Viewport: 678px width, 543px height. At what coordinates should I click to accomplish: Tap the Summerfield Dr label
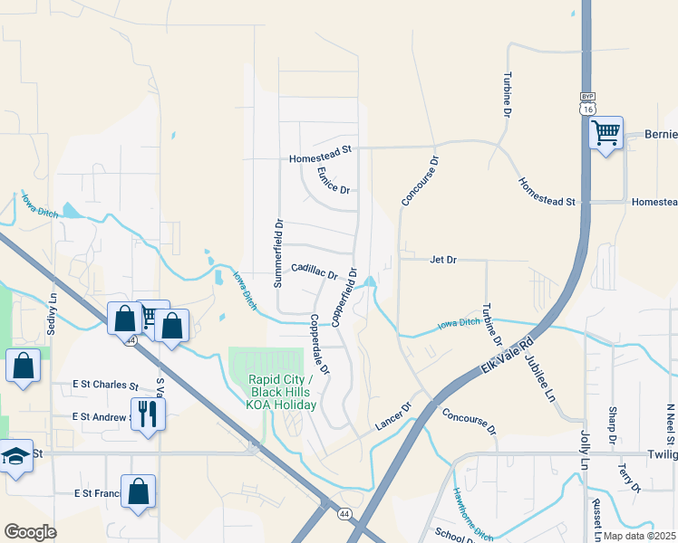[279, 252]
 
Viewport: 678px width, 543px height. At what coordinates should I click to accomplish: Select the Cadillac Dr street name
[315, 271]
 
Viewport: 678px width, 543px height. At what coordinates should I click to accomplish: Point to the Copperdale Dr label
[319, 344]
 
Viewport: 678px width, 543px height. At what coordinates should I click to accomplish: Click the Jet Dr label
[443, 260]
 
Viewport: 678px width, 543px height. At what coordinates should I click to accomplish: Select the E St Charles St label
[105, 385]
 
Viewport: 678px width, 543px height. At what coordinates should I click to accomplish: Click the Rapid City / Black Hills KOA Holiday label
[282, 392]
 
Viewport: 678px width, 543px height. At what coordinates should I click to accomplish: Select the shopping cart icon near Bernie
[605, 134]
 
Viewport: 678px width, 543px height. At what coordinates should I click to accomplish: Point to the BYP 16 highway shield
[587, 102]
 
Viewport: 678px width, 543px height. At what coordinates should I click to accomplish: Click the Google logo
[30, 532]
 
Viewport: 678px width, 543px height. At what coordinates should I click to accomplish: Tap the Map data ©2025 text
[639, 536]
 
